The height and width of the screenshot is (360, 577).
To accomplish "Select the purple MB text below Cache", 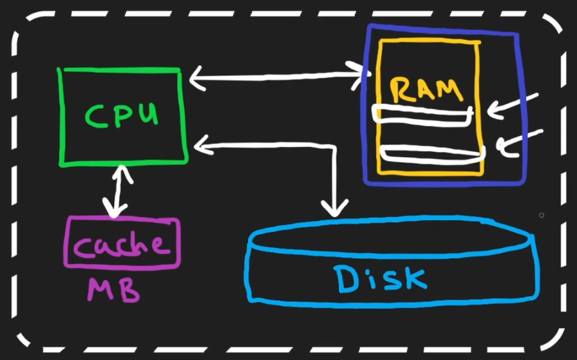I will point(113,290).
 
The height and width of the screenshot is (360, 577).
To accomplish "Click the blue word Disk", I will point(380,278).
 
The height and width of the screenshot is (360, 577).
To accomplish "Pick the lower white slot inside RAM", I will point(431,153).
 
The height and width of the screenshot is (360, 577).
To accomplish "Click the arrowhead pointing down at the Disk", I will point(335,208).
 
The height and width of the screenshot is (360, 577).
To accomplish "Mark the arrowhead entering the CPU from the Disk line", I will point(201,145).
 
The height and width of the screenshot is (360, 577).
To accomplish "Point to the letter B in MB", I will point(129,291).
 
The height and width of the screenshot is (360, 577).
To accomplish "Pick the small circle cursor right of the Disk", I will point(542,215).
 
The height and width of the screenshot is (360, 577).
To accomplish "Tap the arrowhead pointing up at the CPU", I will point(118,171).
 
